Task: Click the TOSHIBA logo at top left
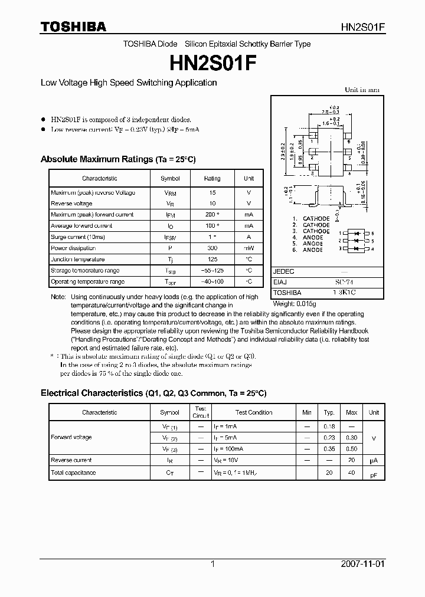73,27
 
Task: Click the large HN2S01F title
212,62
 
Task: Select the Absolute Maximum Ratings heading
117,159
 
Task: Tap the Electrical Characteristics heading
153,393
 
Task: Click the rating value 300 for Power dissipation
212,248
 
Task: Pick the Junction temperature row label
77,260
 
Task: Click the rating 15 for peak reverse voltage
212,193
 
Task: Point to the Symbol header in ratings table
170,178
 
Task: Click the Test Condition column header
254,412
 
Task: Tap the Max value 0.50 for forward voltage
351,448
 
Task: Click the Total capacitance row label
73,473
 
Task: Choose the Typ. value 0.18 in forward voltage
329,425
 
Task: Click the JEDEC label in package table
284,271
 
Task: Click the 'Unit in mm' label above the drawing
362,90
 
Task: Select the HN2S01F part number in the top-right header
363,27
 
